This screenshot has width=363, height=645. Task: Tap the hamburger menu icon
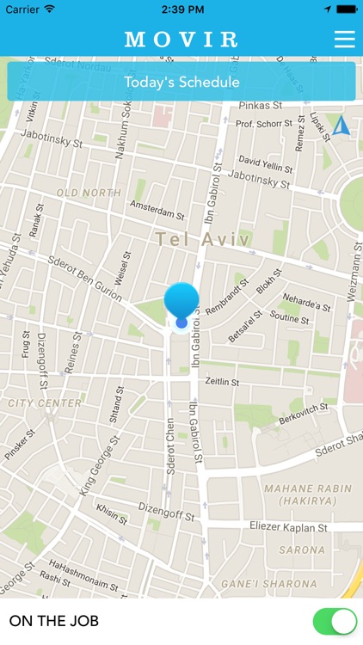click(x=344, y=40)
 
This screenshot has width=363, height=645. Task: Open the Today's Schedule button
click(x=181, y=82)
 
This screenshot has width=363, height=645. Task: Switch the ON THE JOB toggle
click(x=334, y=621)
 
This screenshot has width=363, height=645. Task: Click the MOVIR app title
click(x=181, y=40)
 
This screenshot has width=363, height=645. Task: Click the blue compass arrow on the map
click(x=341, y=126)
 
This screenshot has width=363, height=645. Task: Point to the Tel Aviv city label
click(x=204, y=238)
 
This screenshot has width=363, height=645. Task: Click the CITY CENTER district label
click(x=45, y=402)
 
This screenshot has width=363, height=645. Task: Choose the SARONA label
click(x=301, y=550)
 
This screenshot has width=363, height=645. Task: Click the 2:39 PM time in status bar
click(x=181, y=9)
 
